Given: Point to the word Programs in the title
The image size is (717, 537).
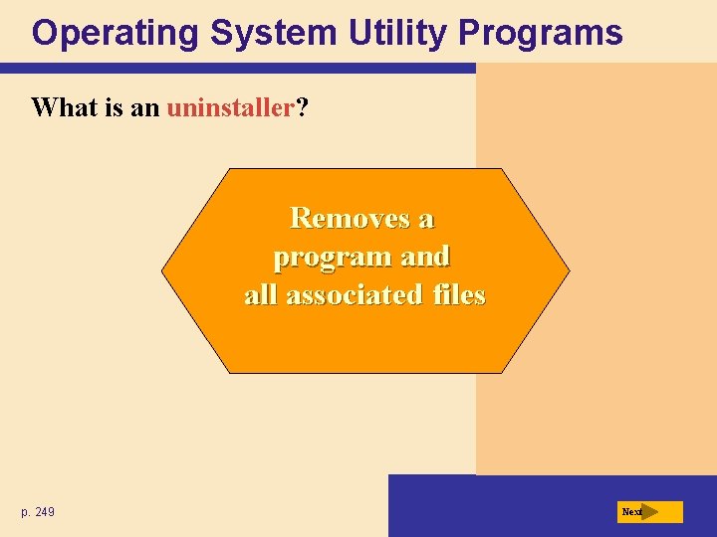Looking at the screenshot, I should click(x=541, y=33).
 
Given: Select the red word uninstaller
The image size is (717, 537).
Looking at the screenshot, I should click(x=230, y=107).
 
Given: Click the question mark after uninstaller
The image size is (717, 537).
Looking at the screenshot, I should click(x=301, y=107).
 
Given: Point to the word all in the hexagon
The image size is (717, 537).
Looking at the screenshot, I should click(x=261, y=295).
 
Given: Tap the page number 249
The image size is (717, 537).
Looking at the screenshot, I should click(x=44, y=512).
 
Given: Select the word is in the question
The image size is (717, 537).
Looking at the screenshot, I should click(x=114, y=107).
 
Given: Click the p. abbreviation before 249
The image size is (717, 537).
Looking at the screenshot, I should click(x=25, y=512).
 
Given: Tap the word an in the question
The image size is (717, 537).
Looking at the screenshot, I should click(x=145, y=107).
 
